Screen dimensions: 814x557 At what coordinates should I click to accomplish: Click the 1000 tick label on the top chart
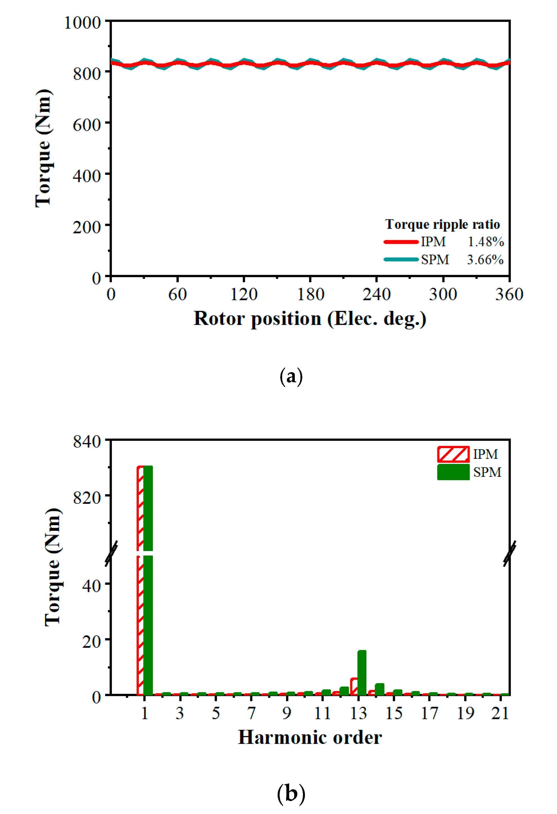[x=83, y=23]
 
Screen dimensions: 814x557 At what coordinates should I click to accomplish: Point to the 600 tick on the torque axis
[x=87, y=125]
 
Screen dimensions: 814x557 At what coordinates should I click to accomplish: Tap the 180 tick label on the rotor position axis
[x=310, y=294]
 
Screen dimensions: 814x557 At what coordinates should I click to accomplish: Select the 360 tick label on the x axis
[x=509, y=294]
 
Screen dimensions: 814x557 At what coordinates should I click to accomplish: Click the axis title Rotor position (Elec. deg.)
[x=310, y=318]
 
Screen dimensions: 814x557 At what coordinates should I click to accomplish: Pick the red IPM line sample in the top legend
[x=401, y=242]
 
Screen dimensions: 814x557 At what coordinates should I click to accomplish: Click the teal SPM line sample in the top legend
[x=401, y=260]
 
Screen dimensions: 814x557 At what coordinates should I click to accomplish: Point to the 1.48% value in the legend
[x=486, y=242]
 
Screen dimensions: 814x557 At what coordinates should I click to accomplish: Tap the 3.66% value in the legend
[x=485, y=260]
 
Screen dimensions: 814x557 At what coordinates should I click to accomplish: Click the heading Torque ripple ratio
[x=443, y=224]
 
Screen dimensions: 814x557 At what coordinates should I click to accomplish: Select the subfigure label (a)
[x=291, y=377]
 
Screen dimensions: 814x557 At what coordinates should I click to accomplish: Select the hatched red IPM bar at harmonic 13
[x=354, y=687]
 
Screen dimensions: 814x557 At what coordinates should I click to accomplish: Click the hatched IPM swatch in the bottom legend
[x=453, y=454]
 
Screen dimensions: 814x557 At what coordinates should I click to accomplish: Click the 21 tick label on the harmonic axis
[x=500, y=714]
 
